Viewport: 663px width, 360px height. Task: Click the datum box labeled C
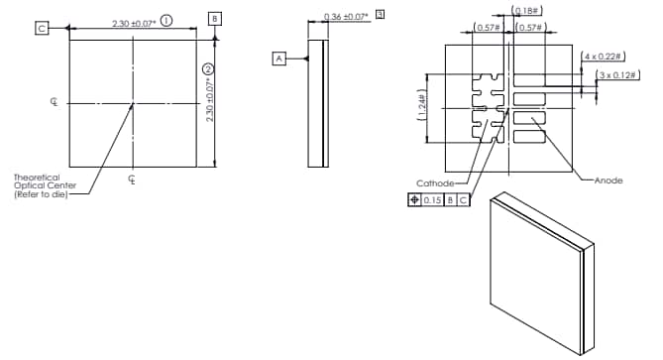(x=42, y=28)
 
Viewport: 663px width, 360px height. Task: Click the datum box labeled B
(x=215, y=19)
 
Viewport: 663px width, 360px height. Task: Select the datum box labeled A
(x=279, y=59)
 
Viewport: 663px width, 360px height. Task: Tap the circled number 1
(x=166, y=20)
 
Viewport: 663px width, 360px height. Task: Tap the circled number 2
(x=207, y=68)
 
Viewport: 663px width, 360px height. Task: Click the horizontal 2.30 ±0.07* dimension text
(x=132, y=21)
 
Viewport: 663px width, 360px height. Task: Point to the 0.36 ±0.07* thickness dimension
(x=346, y=17)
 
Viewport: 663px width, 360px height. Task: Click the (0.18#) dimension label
(x=525, y=11)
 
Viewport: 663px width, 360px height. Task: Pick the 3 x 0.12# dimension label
(x=614, y=74)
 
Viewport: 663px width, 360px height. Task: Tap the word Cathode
(x=435, y=183)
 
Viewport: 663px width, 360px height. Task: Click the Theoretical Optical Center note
(x=39, y=185)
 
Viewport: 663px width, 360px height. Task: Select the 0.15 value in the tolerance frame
(x=432, y=200)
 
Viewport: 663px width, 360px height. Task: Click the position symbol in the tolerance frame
(x=413, y=200)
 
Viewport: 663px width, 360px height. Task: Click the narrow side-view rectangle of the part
(x=318, y=103)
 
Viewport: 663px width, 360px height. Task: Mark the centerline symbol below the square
(x=133, y=180)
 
